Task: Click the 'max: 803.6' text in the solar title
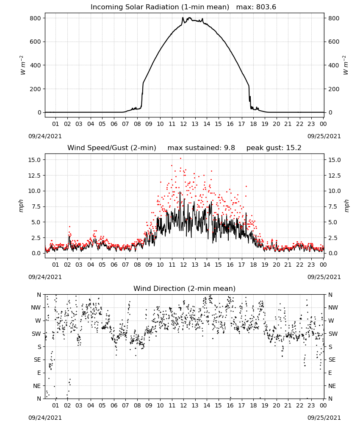tap(256, 7)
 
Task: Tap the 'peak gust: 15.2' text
tap(274, 148)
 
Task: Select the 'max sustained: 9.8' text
tap(201, 148)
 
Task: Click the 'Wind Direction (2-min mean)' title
tap(185, 288)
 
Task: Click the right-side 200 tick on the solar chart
tap(334, 89)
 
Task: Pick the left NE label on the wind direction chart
tap(37, 386)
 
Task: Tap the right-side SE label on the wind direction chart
tap(332, 360)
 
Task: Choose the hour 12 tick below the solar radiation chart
tap(183, 124)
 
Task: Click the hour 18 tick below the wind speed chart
tap(253, 265)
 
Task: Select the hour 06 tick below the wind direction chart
tap(114, 405)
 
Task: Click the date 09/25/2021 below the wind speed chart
tap(324, 277)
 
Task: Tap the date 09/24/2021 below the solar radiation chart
tap(45, 136)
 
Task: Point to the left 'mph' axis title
tap(21, 206)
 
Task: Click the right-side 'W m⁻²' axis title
tap(346, 65)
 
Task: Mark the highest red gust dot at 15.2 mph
tap(181, 159)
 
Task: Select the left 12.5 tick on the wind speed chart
tap(34, 176)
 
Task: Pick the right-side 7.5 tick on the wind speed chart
tap(332, 206)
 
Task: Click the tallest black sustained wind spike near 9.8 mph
tap(180, 192)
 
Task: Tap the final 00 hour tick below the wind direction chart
tap(323, 405)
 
